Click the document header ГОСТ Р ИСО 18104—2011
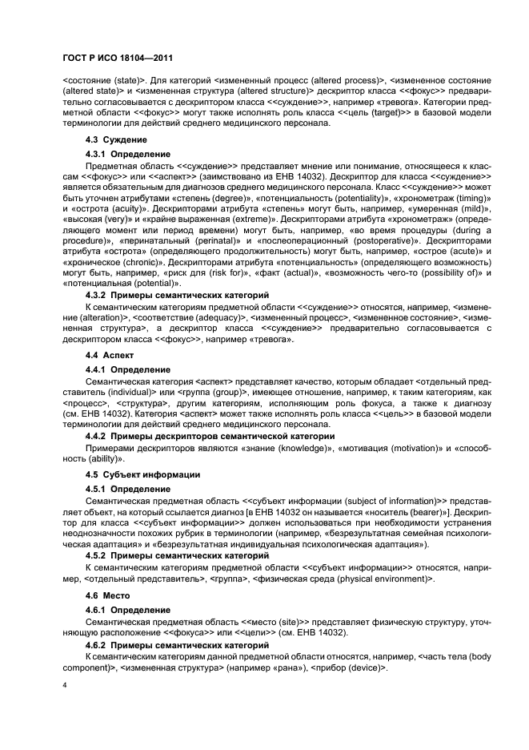coord(118,58)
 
